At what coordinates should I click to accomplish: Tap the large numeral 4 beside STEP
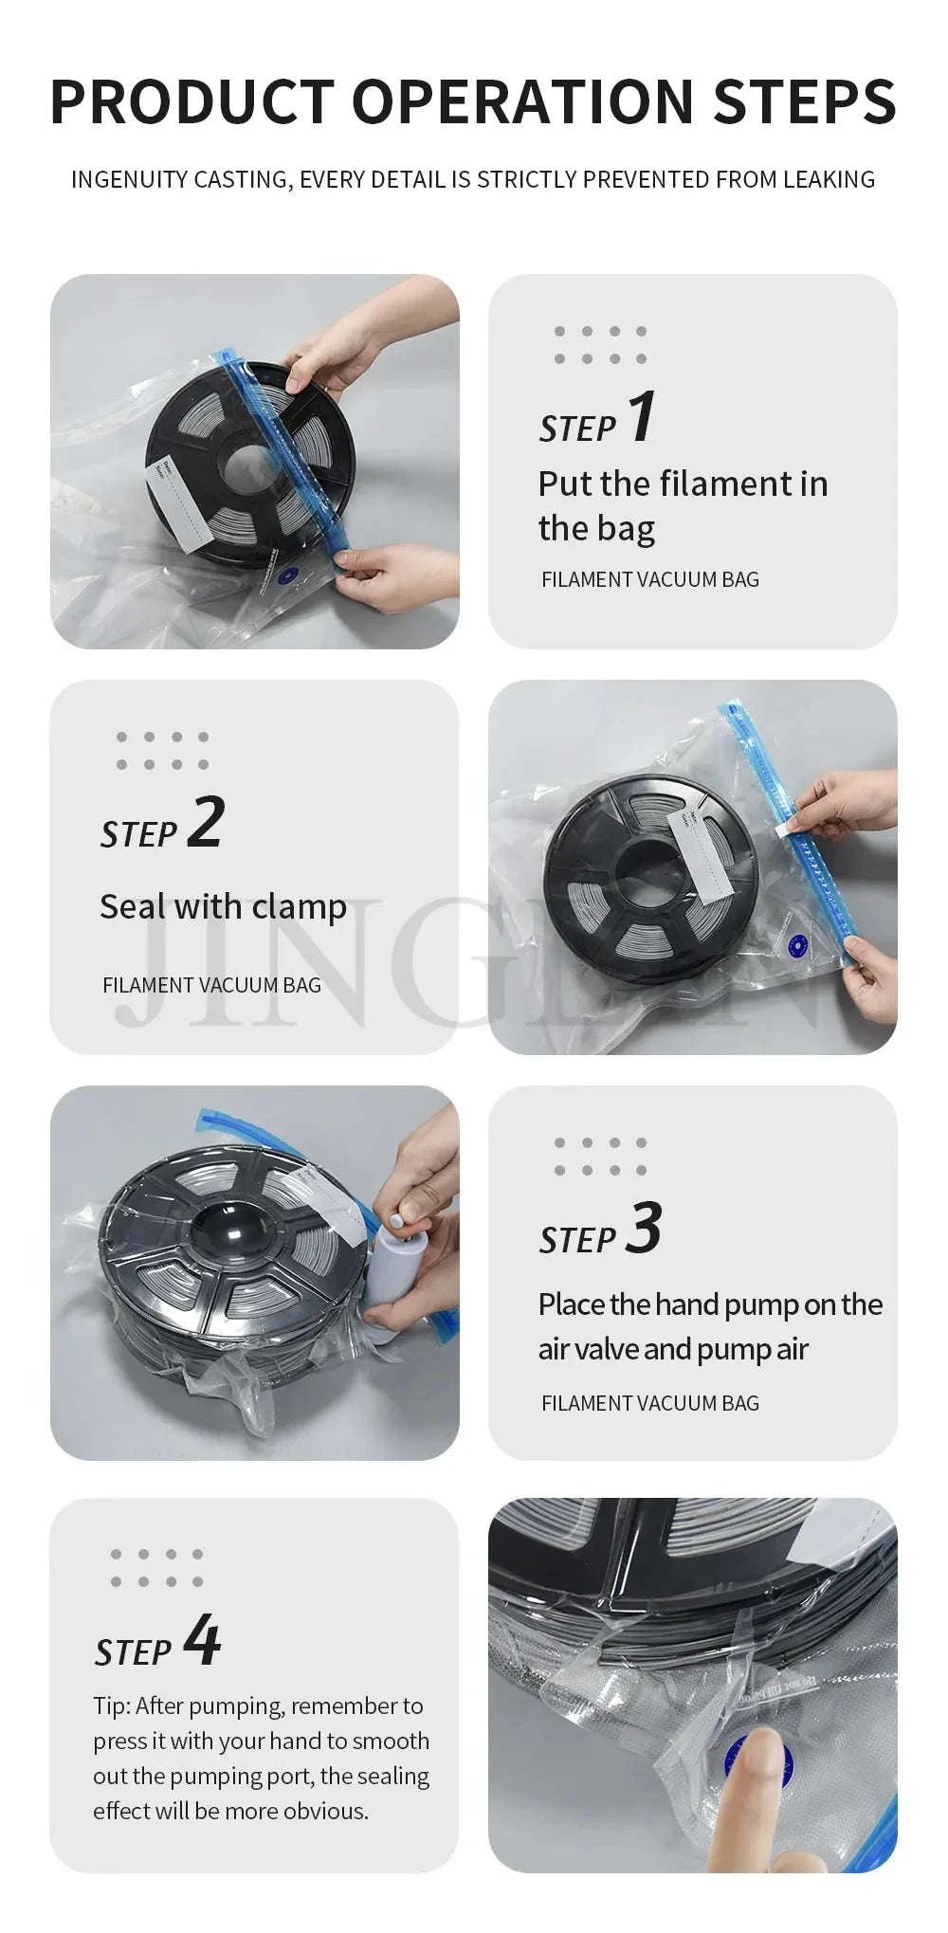point(202,1639)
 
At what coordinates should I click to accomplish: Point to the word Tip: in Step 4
point(112,1705)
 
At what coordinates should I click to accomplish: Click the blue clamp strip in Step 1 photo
point(284,450)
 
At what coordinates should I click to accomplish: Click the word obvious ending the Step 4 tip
point(328,1811)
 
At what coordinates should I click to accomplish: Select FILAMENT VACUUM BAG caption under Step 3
point(649,1403)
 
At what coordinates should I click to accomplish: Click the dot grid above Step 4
point(156,1567)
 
